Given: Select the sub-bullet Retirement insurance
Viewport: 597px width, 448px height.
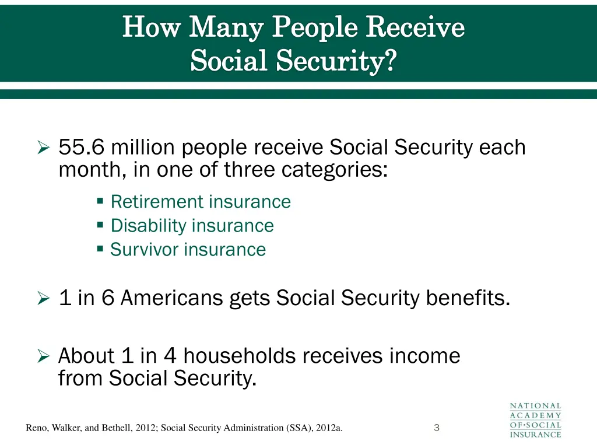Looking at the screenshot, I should click(x=200, y=202).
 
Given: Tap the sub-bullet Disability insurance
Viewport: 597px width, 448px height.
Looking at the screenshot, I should click(x=192, y=226).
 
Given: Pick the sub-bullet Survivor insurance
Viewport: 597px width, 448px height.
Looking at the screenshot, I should click(x=188, y=250).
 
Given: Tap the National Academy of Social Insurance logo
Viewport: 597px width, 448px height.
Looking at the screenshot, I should click(x=535, y=420).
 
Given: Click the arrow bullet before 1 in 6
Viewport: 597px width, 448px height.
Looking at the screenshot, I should click(x=43, y=299).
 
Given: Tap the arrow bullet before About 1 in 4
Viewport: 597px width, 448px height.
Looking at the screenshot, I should click(x=43, y=356).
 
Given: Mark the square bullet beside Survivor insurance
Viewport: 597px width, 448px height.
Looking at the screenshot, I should click(x=100, y=249).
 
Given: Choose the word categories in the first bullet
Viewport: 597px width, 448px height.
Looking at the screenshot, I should click(x=335, y=171).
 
